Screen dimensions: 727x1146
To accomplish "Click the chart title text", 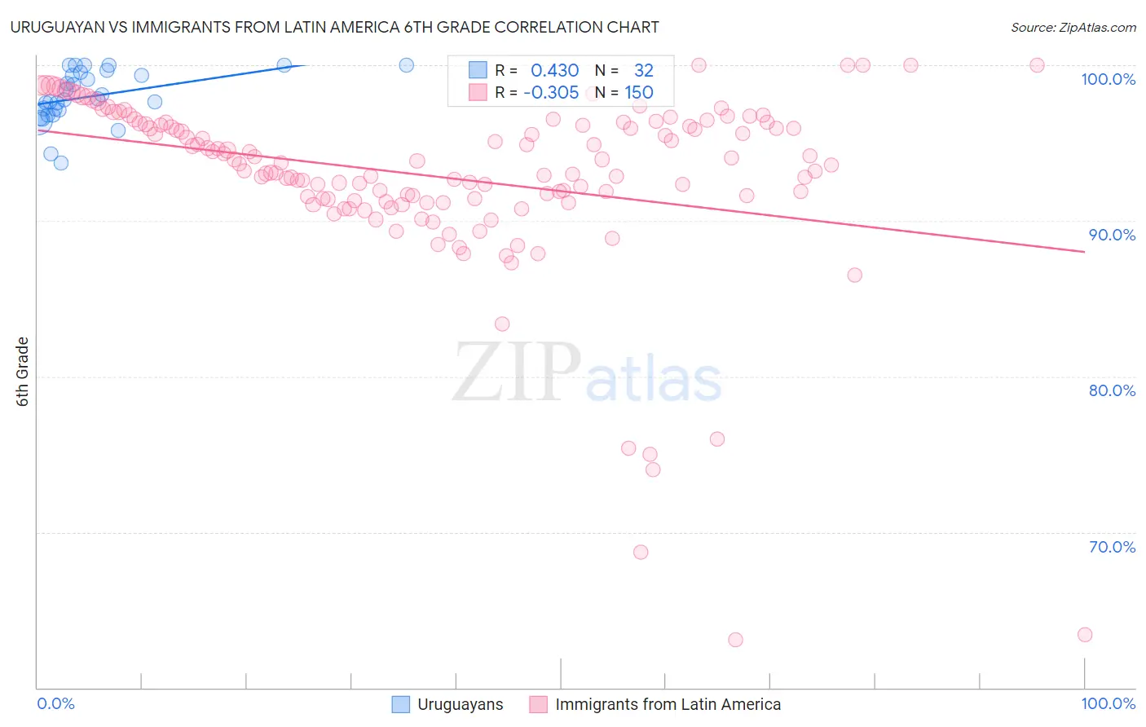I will coord(333,27).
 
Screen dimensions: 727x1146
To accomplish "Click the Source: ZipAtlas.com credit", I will coord(1073,27).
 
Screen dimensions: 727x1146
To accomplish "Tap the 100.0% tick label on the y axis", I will coord(1108,79).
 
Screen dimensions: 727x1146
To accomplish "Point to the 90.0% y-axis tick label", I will coord(1112,235).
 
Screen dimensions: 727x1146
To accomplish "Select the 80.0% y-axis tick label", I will coord(1112,390).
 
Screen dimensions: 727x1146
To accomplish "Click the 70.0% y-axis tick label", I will coord(1112,547).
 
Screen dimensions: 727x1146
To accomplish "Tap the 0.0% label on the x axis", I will coord(55,703).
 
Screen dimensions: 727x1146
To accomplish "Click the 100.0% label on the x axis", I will coord(1108,703).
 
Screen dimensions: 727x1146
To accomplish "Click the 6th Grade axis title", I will coord(23,372).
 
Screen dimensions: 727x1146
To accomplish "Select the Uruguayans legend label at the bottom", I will coord(460,704).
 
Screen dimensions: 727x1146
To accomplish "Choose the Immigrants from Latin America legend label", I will coord(668,704).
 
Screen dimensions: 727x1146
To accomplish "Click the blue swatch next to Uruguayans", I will coord(401,704).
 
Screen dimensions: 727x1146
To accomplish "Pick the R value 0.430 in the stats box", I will coord(554,71).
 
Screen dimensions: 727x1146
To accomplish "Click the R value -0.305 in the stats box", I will coord(550,92).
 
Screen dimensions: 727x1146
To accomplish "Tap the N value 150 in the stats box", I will coord(639,92).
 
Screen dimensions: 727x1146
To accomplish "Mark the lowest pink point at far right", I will coord(1084,635).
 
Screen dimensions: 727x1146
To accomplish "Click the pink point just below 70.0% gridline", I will coord(641,553).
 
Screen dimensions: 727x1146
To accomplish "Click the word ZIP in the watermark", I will coord(517,372).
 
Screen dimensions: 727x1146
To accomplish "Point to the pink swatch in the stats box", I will coord(477,92).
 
